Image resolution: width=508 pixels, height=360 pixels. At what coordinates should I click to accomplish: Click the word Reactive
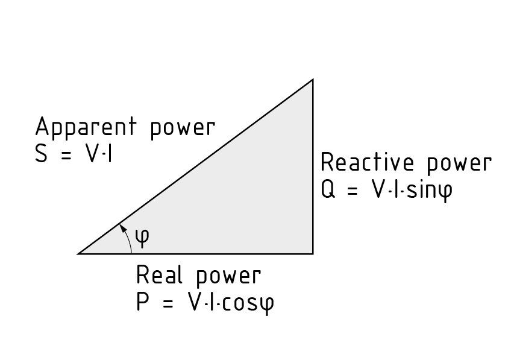[x=368, y=163]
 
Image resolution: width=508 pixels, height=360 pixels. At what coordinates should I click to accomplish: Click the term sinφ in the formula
[x=428, y=191]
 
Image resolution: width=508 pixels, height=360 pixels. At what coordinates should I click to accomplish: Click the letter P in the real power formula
[x=143, y=302]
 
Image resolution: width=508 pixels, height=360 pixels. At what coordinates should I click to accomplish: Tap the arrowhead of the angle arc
[x=122, y=227]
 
